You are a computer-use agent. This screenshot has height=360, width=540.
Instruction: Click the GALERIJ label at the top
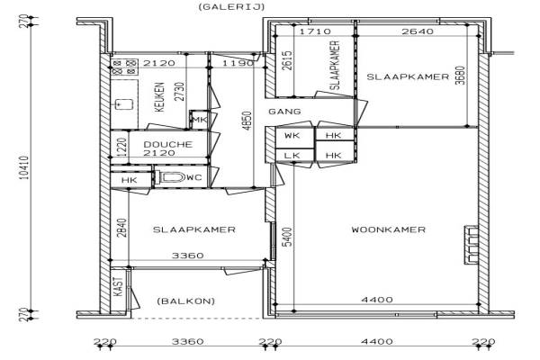click(231, 6)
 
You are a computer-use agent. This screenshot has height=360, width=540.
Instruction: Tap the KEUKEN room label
click(159, 97)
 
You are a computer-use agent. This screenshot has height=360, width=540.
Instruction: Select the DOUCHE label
click(167, 144)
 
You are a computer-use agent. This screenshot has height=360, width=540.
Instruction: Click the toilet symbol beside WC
click(172, 177)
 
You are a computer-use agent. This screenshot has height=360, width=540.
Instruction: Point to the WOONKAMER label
click(389, 229)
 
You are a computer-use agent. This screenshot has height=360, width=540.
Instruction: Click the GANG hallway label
click(284, 112)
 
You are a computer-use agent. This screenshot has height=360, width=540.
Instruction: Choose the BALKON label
click(186, 301)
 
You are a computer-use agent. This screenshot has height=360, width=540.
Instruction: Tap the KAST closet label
click(118, 286)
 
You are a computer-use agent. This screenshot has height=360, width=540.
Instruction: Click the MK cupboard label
click(200, 120)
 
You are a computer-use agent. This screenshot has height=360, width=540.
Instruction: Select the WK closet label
click(292, 135)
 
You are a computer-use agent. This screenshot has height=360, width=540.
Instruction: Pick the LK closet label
click(292, 156)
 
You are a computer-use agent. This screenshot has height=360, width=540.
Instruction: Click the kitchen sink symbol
click(123, 104)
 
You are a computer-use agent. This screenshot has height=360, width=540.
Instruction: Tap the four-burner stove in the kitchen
click(124, 67)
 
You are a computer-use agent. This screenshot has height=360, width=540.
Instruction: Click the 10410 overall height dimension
click(24, 167)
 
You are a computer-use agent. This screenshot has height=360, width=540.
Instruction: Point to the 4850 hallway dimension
click(247, 121)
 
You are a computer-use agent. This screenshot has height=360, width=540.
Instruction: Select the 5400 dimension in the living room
click(287, 237)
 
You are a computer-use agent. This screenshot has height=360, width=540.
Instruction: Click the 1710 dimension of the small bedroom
click(315, 31)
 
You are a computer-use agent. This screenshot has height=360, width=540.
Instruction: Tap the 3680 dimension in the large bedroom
click(460, 75)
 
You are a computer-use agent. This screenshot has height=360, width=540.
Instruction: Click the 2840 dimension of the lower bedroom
click(121, 228)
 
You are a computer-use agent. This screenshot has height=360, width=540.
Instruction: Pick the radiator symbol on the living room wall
click(471, 245)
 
